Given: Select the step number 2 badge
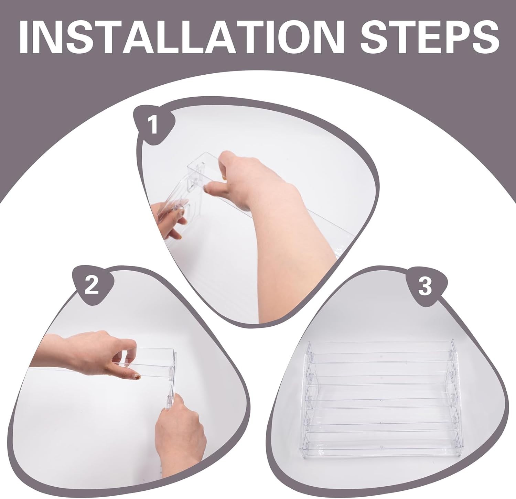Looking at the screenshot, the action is click(92, 285).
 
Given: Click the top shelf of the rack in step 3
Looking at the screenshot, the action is click(380, 347).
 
